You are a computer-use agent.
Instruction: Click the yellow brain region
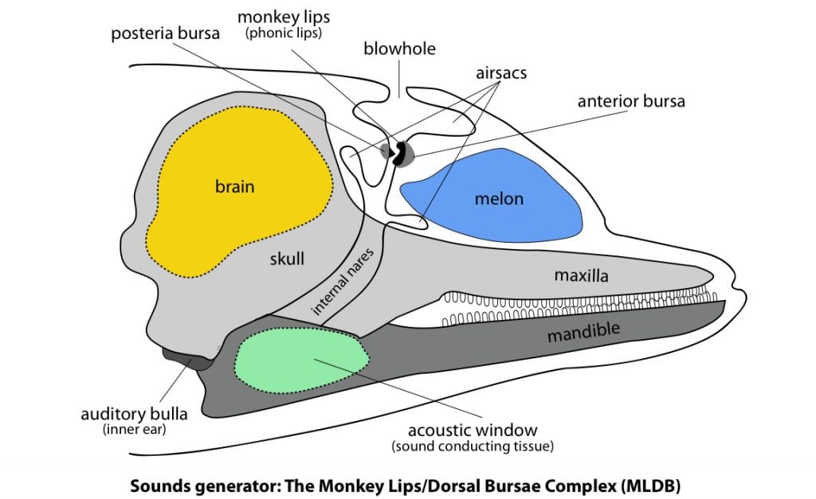coord(239,199)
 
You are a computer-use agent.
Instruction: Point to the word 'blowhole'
coord(399,49)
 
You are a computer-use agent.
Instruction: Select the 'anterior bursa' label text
coord(631,101)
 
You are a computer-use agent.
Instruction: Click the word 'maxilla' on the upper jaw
coord(582,276)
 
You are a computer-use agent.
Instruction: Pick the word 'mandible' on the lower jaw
coord(584,330)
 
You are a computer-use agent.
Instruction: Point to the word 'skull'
coord(286,259)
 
